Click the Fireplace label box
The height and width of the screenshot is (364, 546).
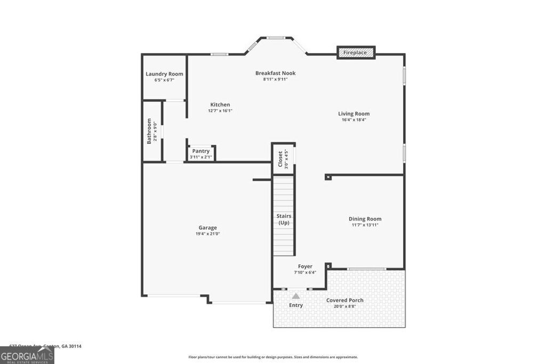coord(356,53)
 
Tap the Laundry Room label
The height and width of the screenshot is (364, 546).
coord(164,74)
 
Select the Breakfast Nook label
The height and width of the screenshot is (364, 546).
coord(275,73)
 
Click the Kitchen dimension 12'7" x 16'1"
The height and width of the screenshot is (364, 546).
coord(220,111)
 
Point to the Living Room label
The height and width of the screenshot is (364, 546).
coord(354,114)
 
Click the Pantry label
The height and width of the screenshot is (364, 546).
coord(201,151)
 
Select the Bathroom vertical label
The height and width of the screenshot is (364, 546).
coord(149,131)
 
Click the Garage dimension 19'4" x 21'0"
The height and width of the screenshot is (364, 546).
coord(208,233)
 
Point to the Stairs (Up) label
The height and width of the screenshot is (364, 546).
coord(284,219)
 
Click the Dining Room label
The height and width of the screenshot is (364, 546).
coord(365,219)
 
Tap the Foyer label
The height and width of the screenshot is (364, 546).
coord(305,266)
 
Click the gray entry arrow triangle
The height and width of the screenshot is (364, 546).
coord(295,295)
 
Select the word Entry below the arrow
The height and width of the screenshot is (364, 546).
coord(296,305)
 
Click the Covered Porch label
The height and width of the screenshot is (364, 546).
coord(345,300)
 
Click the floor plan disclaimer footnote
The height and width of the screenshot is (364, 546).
coord(272,357)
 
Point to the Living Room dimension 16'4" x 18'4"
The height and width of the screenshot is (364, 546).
coord(354,120)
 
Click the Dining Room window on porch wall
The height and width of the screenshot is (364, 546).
coord(366,269)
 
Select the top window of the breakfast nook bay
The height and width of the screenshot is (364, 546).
coord(276,38)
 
